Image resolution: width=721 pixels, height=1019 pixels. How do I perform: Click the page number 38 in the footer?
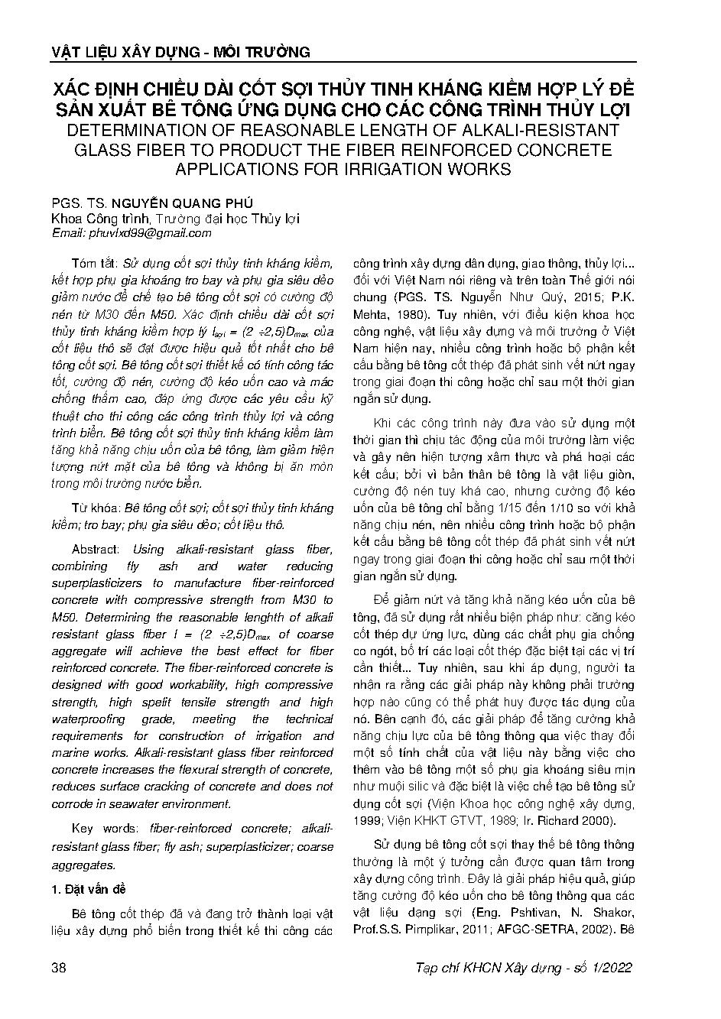point(58,968)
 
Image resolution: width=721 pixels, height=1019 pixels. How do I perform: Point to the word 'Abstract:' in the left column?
point(96,550)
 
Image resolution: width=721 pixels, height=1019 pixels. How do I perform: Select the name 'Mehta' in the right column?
point(370,313)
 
